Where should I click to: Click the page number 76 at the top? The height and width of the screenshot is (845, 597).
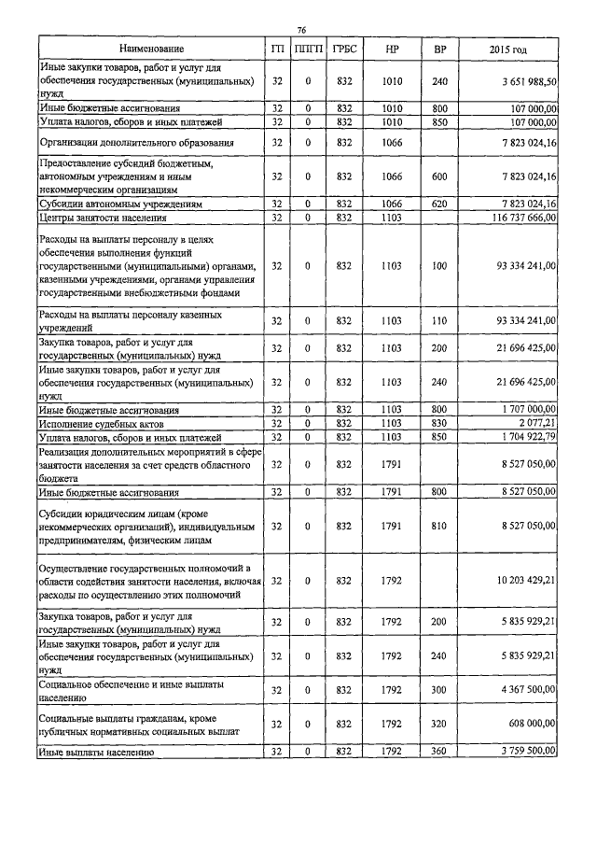(x=301, y=30)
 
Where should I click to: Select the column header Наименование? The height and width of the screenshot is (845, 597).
(x=151, y=48)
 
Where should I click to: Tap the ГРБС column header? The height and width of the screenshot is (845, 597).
(x=343, y=48)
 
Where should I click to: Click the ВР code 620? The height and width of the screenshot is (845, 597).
(x=440, y=203)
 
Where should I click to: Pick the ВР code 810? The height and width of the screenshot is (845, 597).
(x=440, y=528)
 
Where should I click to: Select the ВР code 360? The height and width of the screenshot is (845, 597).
(x=440, y=751)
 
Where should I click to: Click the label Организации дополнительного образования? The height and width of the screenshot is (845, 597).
(x=136, y=142)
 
